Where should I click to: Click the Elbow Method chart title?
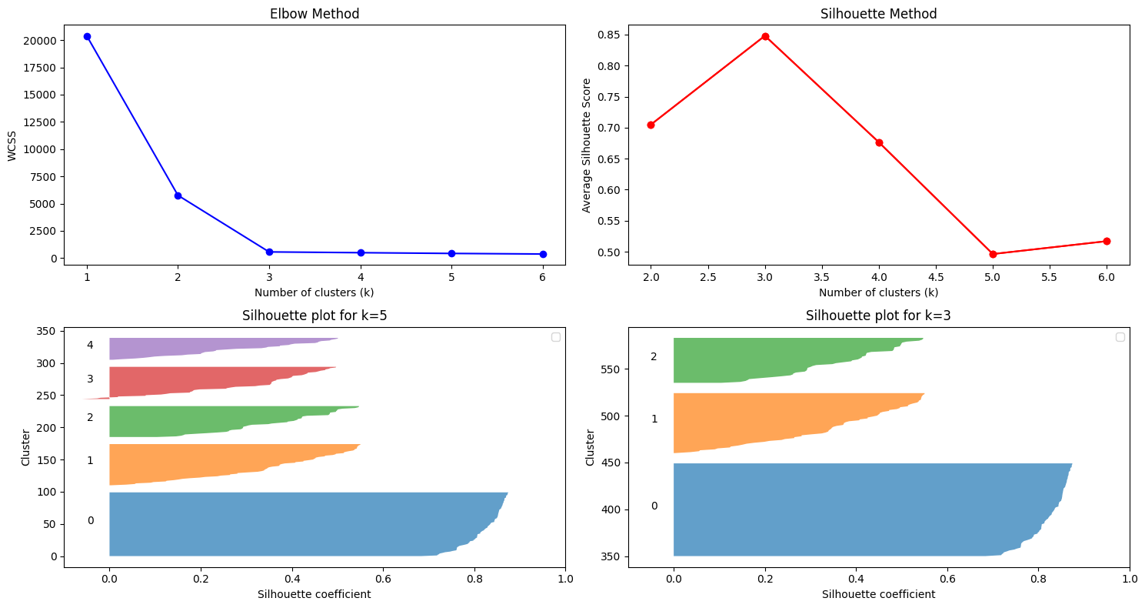coord(314,14)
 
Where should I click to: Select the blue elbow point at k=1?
coord(87,36)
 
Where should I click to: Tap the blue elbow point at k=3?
coord(269,252)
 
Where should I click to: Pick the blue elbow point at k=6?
coord(543,254)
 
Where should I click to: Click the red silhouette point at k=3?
coord(765,36)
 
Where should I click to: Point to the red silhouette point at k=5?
coord(993,254)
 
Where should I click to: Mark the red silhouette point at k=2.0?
coord(651,125)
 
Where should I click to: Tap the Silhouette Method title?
coord(878,14)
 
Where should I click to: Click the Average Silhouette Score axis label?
coord(587,145)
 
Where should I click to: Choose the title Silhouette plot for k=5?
coord(314,316)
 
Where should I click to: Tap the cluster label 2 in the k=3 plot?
coord(654,356)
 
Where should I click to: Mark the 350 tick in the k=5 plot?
coord(46,331)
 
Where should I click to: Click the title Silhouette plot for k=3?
coord(878,316)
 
